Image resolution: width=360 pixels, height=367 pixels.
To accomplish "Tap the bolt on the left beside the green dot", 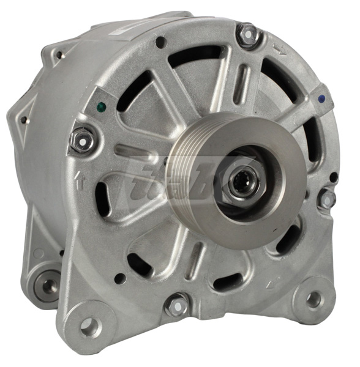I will (83, 139).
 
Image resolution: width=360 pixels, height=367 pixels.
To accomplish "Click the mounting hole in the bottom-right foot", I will (313, 299).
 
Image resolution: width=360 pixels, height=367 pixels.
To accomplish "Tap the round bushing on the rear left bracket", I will (46, 284).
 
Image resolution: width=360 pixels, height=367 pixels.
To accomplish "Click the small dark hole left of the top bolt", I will (160, 42).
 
